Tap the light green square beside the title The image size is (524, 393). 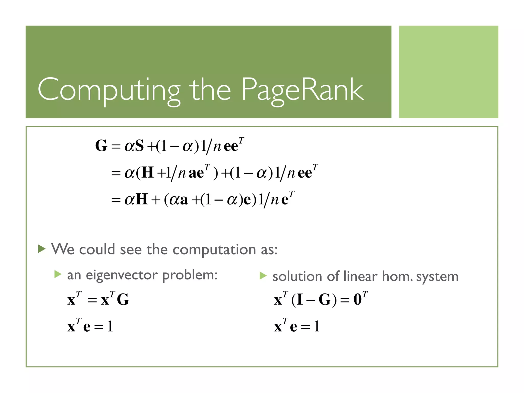449,72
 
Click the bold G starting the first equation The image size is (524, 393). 101,146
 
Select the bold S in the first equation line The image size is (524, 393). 139,146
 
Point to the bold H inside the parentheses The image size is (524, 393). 148,172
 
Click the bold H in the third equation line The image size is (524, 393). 141,199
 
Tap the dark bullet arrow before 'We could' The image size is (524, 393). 42,248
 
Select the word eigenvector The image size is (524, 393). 122,275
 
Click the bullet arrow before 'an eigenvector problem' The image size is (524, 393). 58,275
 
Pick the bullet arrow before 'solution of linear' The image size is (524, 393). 263,276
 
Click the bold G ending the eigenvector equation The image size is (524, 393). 123,299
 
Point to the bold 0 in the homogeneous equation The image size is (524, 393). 357,299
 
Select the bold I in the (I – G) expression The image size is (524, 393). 300,299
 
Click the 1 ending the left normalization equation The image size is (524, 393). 110,326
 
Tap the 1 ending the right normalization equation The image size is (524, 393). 317,326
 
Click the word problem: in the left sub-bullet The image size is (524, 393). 190,276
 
